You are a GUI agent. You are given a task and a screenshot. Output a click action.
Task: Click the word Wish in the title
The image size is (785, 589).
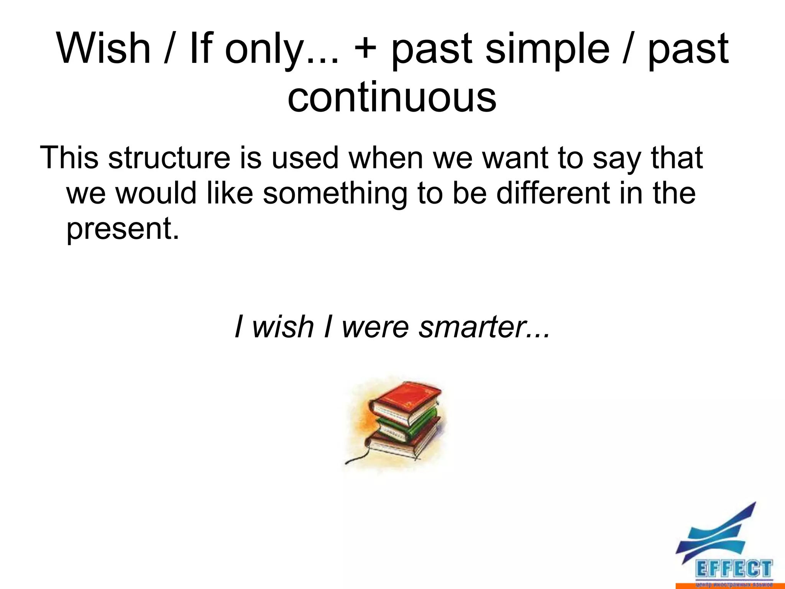(103, 49)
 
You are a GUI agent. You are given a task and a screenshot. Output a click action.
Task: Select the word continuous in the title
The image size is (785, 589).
(392, 98)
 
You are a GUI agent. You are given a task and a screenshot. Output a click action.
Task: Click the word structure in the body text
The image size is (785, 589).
(169, 158)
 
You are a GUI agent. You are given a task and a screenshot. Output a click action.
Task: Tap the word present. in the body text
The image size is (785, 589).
(123, 229)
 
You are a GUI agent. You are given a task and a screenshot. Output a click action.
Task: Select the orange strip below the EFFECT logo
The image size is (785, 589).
(730, 586)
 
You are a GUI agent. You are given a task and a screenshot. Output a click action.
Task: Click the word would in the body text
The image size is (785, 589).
(156, 193)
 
